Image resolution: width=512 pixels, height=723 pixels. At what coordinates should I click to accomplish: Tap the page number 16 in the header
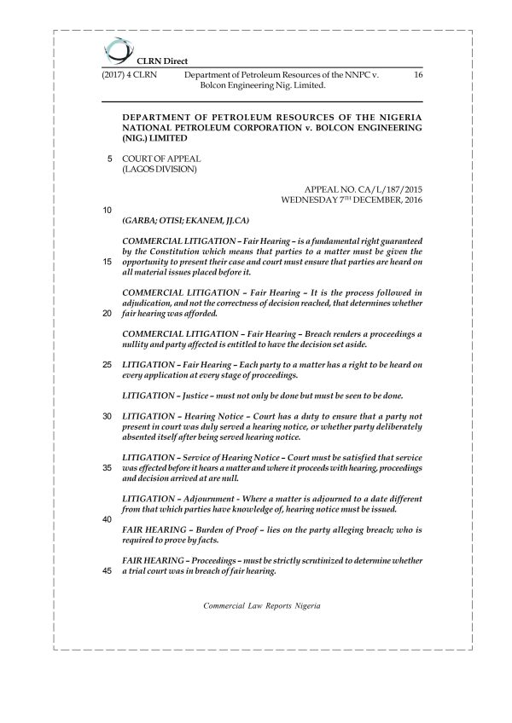click(417, 76)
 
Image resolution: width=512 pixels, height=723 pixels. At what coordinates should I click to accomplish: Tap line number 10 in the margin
click(107, 210)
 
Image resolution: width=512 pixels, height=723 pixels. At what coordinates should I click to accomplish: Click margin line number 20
click(107, 313)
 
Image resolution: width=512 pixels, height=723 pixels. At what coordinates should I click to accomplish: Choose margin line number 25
click(107, 365)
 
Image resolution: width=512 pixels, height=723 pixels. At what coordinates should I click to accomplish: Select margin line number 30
click(107, 416)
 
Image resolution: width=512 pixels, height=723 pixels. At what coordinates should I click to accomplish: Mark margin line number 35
click(107, 468)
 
